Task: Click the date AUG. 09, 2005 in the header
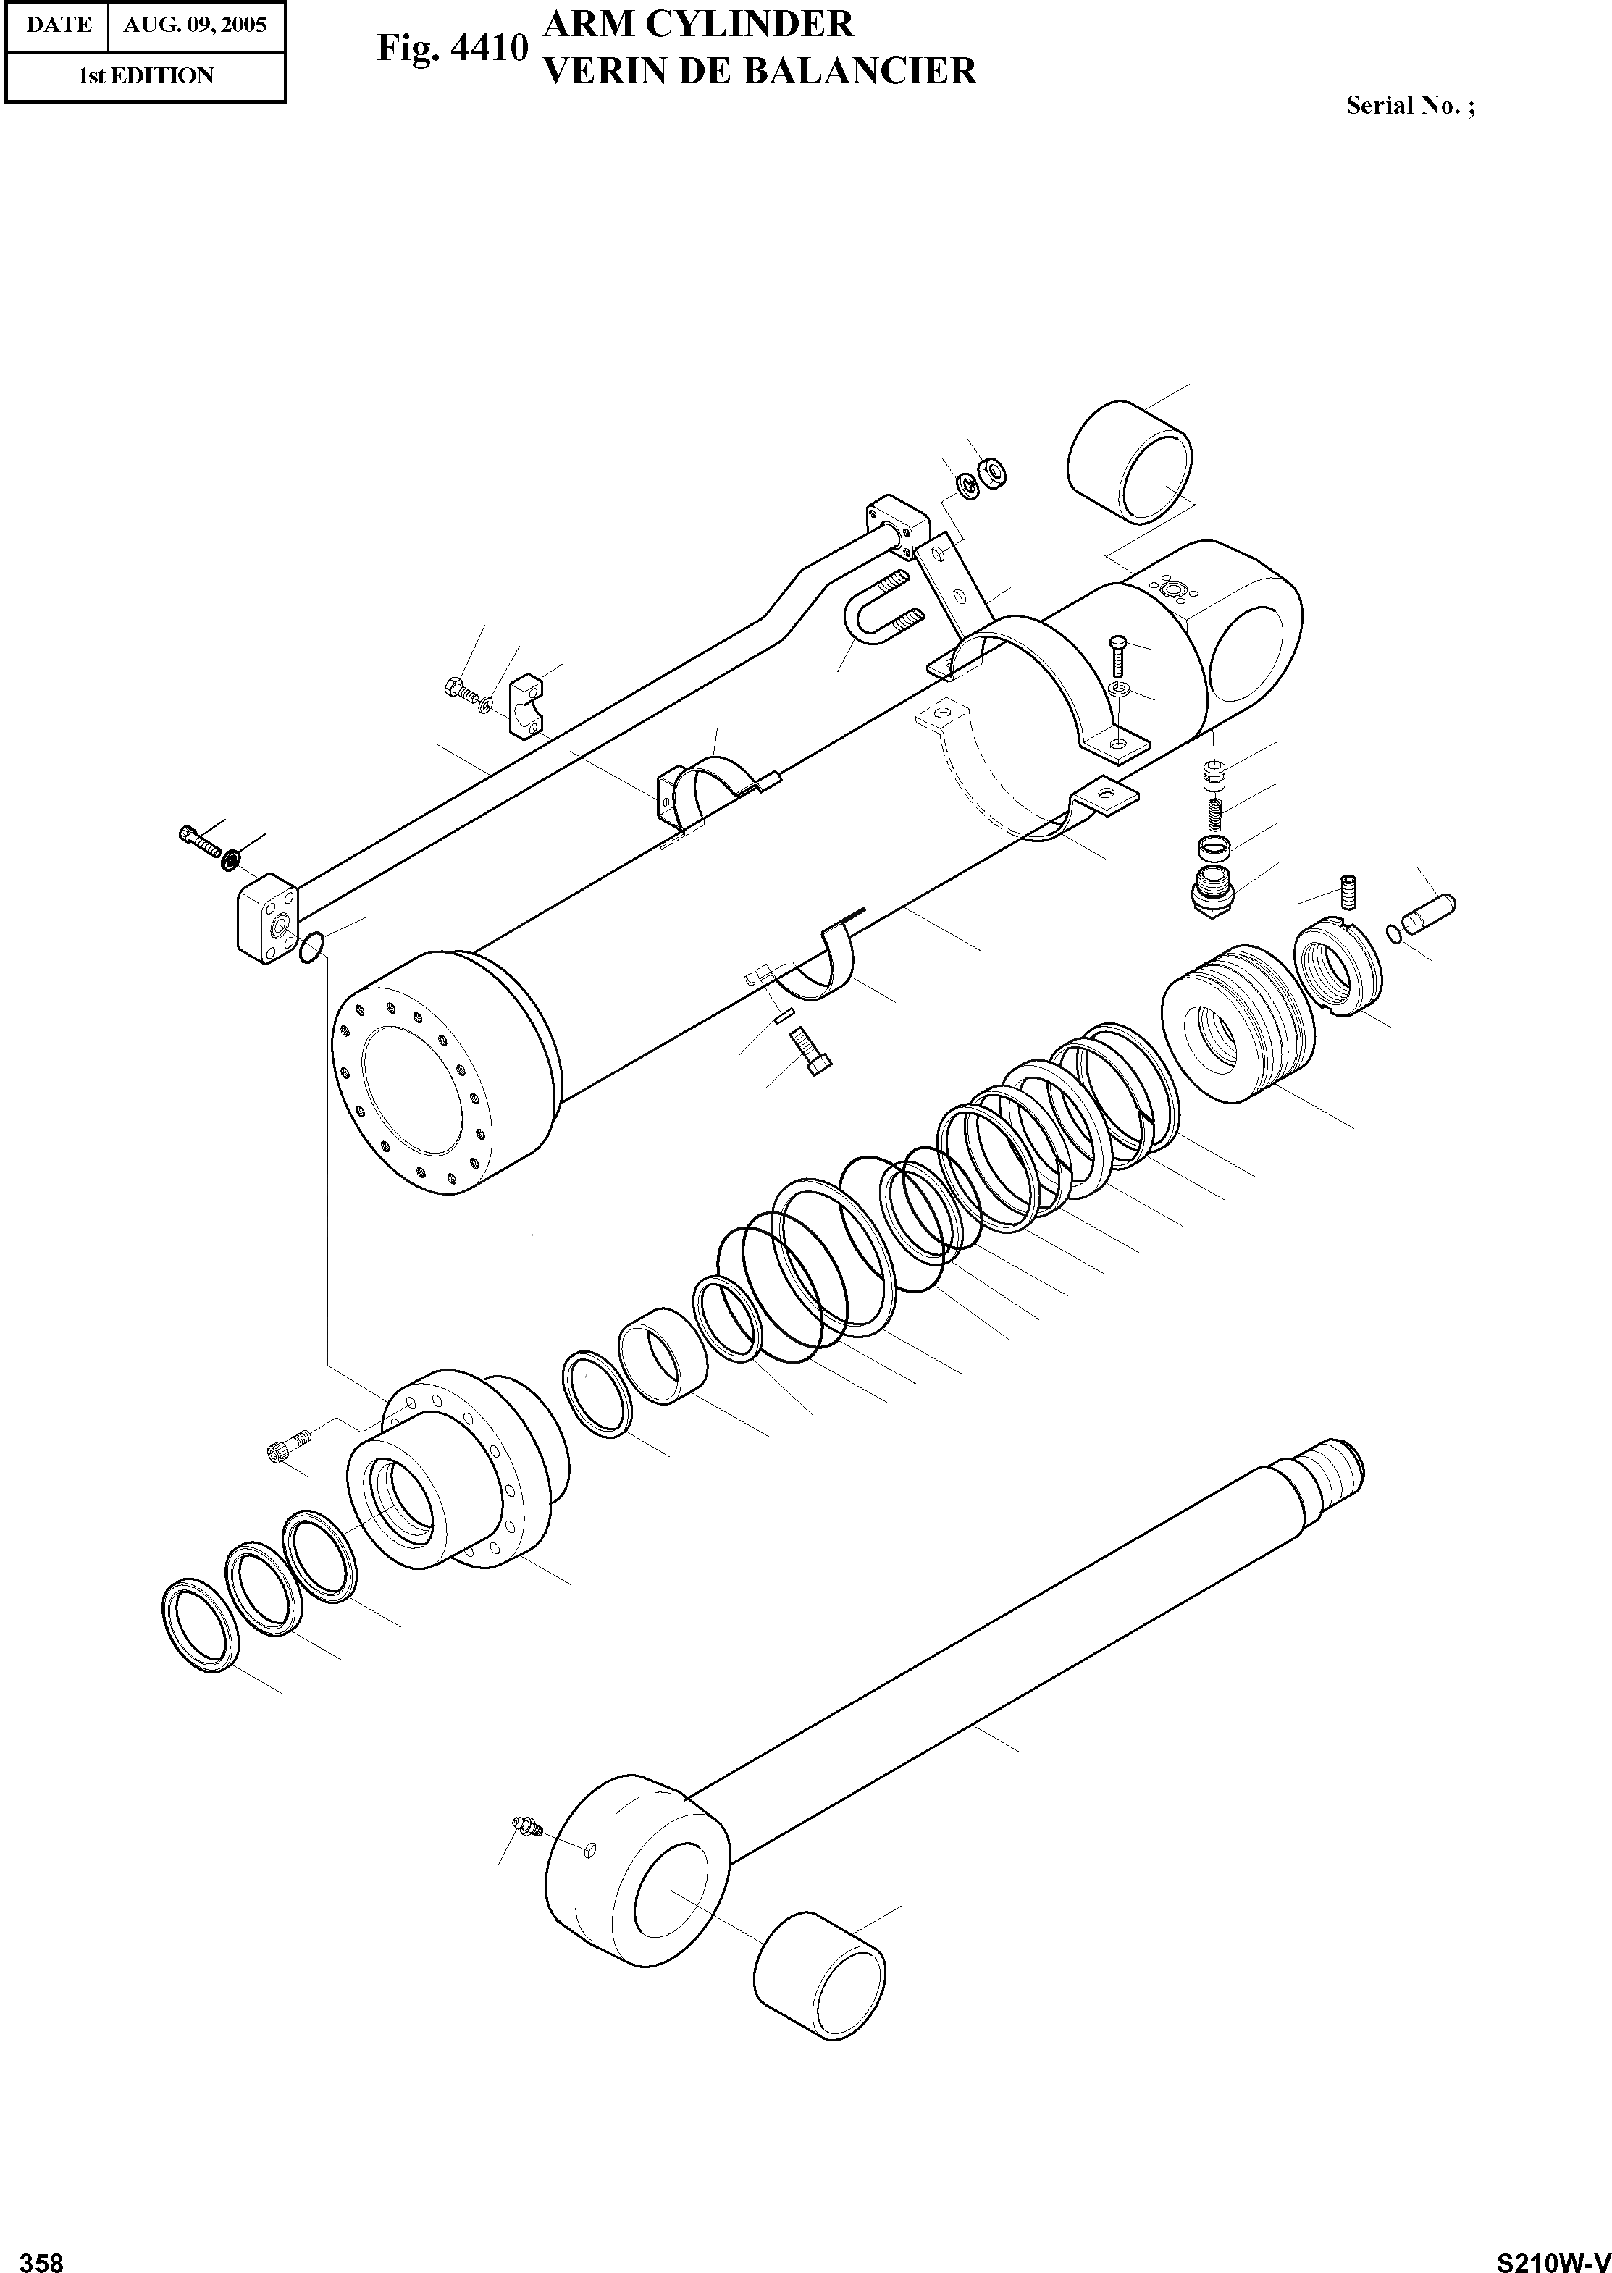(x=195, y=25)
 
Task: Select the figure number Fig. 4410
(x=450, y=48)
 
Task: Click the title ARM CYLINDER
(x=699, y=23)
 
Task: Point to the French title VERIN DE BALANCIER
(x=760, y=70)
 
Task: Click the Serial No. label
(x=1409, y=105)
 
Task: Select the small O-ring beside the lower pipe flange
(x=311, y=948)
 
